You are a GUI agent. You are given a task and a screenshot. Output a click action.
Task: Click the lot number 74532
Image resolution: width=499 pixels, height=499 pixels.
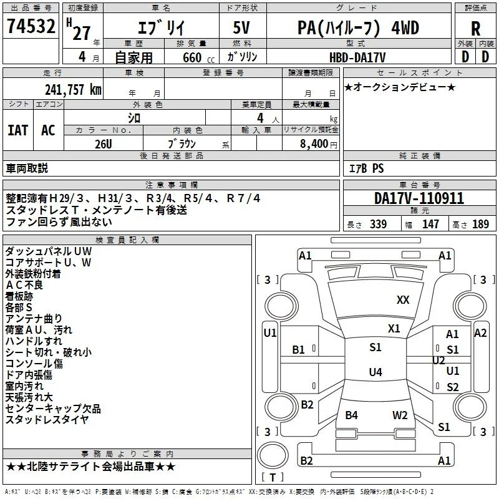(31, 26)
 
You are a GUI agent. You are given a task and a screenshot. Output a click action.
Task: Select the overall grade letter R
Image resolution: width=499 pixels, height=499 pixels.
(475, 29)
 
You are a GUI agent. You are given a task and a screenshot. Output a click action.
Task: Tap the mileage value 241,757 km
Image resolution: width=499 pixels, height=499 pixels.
(73, 90)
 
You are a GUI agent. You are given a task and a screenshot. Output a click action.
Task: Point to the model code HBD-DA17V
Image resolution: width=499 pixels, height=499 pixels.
(357, 57)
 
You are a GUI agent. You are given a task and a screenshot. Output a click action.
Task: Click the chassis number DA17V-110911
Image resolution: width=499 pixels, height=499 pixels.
(419, 198)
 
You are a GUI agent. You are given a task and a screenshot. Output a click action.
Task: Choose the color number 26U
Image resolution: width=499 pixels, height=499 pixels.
(104, 144)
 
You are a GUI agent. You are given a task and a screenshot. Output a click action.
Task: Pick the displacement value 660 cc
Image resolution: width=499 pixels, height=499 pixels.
(198, 57)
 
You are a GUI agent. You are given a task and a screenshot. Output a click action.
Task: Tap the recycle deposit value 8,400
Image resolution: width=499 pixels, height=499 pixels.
(314, 143)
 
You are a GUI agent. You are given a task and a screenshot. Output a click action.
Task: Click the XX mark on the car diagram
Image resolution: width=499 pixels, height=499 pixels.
(403, 300)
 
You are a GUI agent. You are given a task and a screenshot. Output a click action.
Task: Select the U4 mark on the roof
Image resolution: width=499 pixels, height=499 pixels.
(375, 372)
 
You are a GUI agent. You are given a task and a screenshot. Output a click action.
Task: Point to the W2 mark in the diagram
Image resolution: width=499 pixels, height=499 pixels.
(400, 415)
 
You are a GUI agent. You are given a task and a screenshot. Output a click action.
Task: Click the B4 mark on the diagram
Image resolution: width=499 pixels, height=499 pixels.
(352, 415)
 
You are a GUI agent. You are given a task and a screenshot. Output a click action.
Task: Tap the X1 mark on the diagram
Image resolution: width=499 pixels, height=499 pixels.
(394, 329)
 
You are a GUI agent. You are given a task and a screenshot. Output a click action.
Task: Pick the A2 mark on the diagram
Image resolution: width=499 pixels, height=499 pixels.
(480, 333)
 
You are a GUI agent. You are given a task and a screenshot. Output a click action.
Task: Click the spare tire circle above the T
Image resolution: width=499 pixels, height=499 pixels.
(273, 455)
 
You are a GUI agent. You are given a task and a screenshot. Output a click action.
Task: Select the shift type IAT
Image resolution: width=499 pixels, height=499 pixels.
(18, 130)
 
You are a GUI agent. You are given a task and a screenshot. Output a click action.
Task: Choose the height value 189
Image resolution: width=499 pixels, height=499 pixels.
(480, 224)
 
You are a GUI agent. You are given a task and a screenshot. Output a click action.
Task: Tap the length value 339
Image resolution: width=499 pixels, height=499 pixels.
(379, 224)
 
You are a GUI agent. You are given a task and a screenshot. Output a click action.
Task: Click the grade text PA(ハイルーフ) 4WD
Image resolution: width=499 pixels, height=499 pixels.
(358, 28)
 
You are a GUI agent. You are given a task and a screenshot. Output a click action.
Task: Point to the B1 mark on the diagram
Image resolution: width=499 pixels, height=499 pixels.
(299, 350)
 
